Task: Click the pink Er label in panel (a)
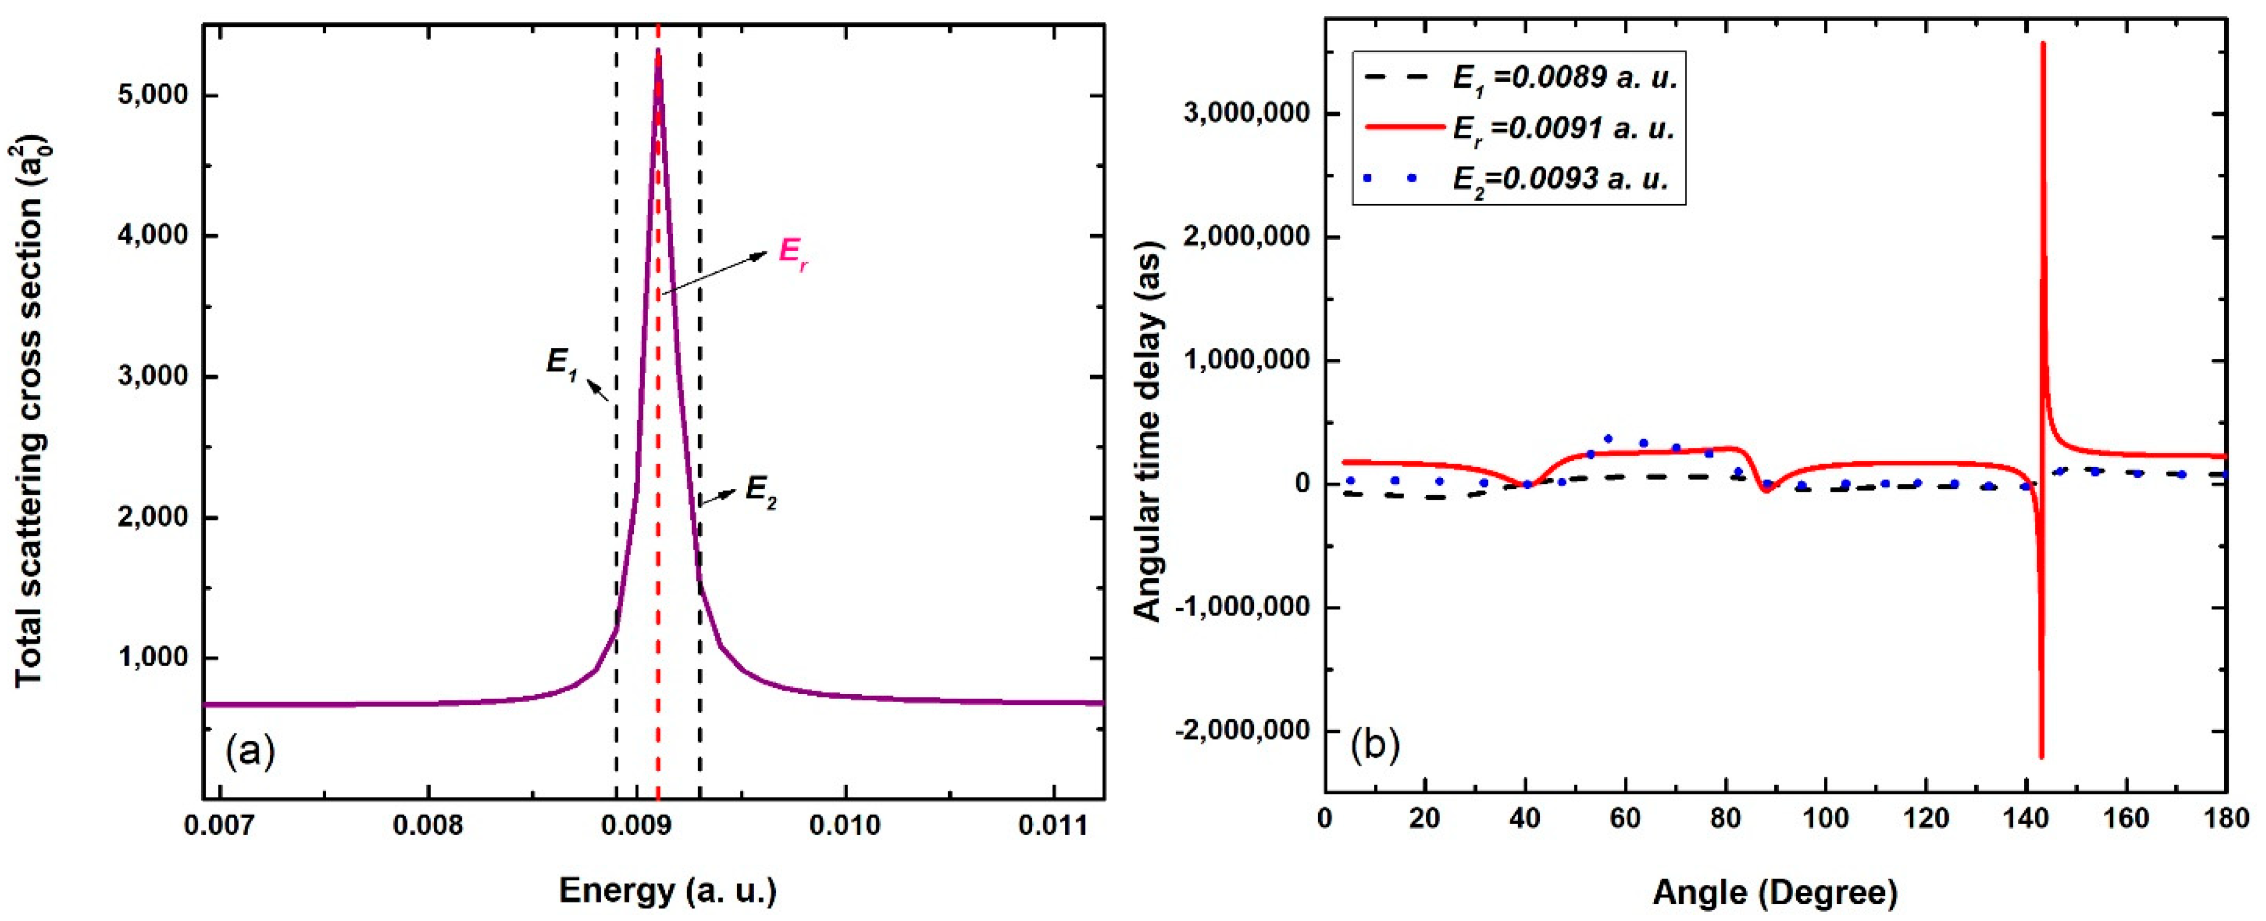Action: [x=793, y=255]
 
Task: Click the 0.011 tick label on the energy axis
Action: [x=1053, y=825]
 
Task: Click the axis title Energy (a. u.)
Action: [x=668, y=891]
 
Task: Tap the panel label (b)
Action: [x=1375, y=744]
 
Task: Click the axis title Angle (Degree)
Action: [x=1775, y=893]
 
